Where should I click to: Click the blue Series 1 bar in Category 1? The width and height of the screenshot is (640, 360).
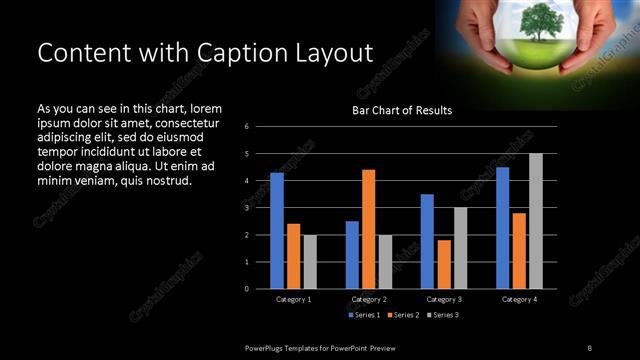pyautogui.click(x=277, y=231)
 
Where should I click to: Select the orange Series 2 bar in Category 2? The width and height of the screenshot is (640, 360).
pyautogui.click(x=368, y=229)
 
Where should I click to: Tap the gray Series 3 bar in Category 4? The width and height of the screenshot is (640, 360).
pyautogui.click(x=536, y=221)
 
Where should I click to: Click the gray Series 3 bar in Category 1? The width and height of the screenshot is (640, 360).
pyautogui.click(x=310, y=262)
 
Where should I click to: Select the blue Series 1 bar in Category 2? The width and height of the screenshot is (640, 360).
pyautogui.click(x=352, y=255)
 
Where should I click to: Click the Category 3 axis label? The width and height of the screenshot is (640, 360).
pyautogui.click(x=444, y=299)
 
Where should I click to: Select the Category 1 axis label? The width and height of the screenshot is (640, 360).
pyautogui.click(x=293, y=299)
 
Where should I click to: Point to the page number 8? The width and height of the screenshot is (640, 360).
pyautogui.click(x=589, y=347)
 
